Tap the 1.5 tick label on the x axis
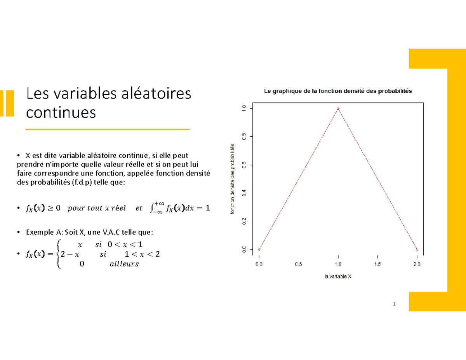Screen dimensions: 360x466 [x=377, y=264]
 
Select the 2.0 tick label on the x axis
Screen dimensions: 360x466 [x=417, y=264]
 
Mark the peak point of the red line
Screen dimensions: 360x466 [x=338, y=109]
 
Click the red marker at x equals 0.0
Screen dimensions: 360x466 [x=259, y=249]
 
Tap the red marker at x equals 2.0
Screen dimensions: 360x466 [x=417, y=249]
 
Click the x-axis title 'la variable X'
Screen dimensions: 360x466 [x=338, y=277]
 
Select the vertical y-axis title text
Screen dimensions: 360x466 [x=233, y=179]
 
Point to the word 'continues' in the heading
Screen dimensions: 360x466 [x=60, y=112]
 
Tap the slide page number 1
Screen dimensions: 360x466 [x=394, y=304]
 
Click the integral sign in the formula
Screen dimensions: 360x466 [x=151, y=209]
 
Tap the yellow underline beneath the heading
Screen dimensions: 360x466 [x=107, y=129]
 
